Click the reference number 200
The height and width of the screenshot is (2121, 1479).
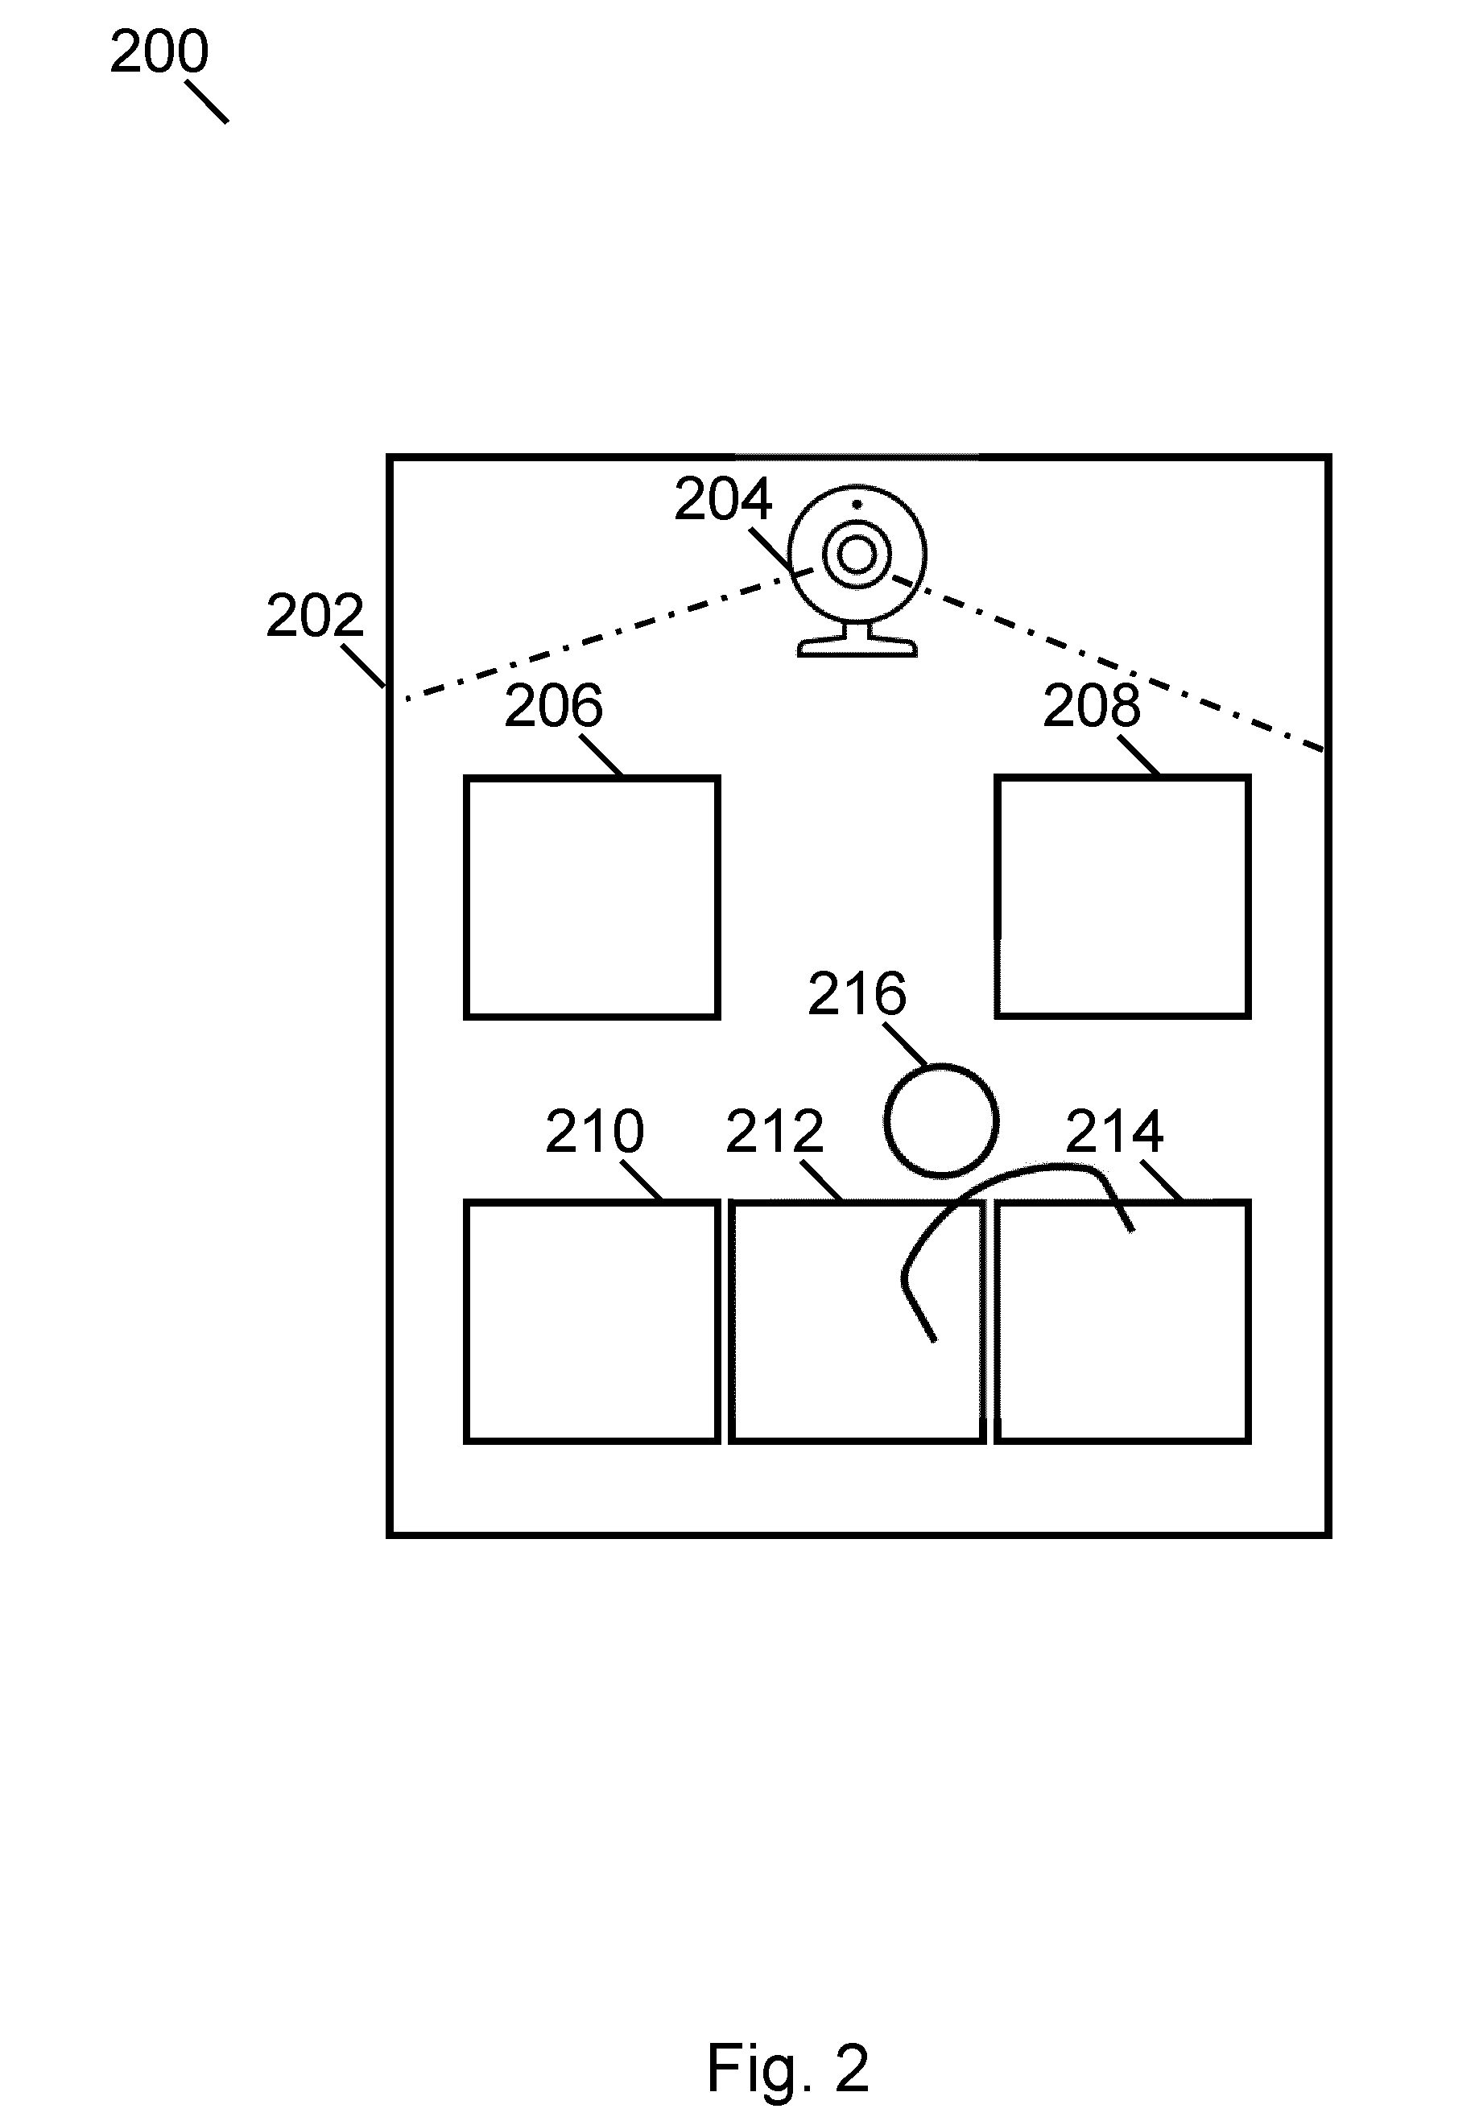tap(159, 52)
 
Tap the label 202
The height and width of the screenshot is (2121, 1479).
tap(315, 616)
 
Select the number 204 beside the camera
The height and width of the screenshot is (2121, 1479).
tap(722, 500)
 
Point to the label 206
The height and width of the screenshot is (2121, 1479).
tap(553, 706)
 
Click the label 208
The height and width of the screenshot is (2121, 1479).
tap(1092, 706)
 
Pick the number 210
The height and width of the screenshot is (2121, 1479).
tap(594, 1132)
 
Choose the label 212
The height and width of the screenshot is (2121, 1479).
tap(775, 1132)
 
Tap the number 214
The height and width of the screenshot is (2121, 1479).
tap(1114, 1132)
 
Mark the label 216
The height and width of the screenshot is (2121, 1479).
tap(857, 995)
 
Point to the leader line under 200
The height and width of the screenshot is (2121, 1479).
tap(207, 101)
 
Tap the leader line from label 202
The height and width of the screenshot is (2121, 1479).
tap(363, 666)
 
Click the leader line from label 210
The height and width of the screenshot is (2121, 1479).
tap(641, 1181)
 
